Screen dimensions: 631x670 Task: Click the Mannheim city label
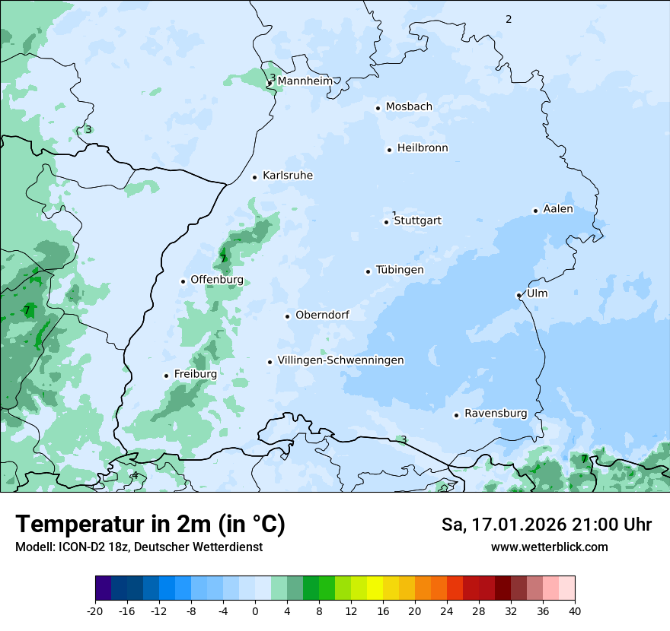tap(305, 81)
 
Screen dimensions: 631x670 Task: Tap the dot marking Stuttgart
tap(386, 222)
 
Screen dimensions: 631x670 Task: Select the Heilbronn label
tap(423, 148)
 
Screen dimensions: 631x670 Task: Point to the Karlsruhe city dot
tap(255, 177)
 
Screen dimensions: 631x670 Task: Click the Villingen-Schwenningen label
tap(340, 360)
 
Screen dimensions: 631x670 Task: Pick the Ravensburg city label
tap(496, 414)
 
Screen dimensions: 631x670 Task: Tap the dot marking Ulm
tap(518, 295)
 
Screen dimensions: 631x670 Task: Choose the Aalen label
tap(558, 209)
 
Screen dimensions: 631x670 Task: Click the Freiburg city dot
tap(166, 376)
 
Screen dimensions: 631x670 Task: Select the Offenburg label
tap(217, 280)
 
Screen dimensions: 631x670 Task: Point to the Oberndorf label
tap(322, 315)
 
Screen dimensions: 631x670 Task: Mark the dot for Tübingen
tap(368, 271)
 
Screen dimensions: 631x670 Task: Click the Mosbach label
tap(409, 107)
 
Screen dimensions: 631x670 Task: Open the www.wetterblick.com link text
tap(549, 547)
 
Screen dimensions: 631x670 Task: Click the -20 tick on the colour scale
tap(95, 611)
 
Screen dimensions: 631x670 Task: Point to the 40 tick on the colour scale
tap(575, 611)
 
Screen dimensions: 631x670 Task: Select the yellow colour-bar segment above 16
tap(375, 588)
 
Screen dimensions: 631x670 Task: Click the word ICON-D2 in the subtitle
tap(78, 547)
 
